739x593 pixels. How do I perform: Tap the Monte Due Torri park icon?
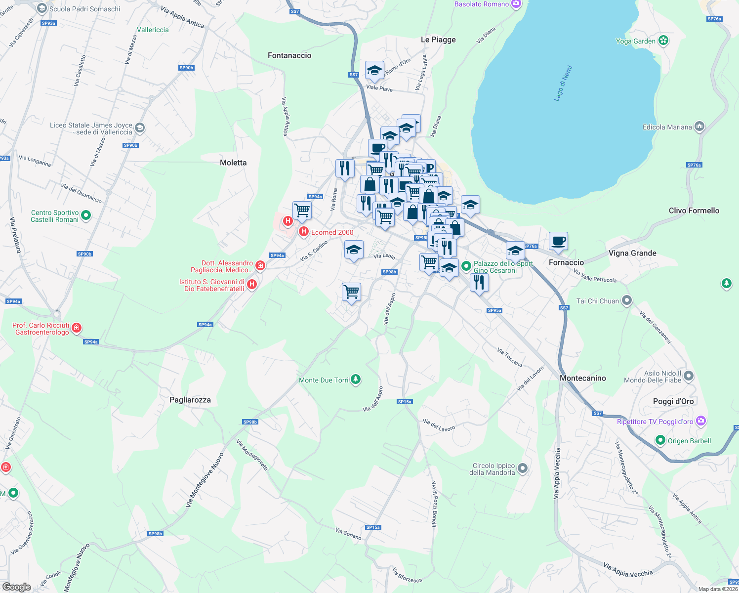tap(356, 380)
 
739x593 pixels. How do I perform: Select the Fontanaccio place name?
tap(289, 55)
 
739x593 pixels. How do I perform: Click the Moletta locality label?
tap(233, 163)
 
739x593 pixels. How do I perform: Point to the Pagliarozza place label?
tap(190, 400)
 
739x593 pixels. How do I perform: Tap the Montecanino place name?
tap(583, 378)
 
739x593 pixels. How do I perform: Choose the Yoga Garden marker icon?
tap(663, 41)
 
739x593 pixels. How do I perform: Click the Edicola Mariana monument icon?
tap(699, 127)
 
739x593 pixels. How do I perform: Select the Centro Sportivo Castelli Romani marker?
tap(86, 215)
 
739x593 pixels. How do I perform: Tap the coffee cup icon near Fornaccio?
tap(558, 241)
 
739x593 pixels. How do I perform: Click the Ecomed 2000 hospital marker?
tap(304, 231)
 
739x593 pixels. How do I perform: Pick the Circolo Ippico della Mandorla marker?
tap(523, 467)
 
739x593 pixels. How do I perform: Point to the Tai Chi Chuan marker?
tap(627, 300)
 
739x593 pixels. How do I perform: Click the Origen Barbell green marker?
tap(660, 440)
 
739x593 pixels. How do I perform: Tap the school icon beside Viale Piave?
tap(374, 71)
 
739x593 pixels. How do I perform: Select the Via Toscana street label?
tap(510, 357)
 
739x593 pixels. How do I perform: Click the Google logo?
tap(16, 587)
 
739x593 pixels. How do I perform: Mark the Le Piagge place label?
tap(438, 40)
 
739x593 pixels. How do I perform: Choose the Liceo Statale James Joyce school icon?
tap(140, 128)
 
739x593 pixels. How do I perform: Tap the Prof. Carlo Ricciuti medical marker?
tap(77, 327)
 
